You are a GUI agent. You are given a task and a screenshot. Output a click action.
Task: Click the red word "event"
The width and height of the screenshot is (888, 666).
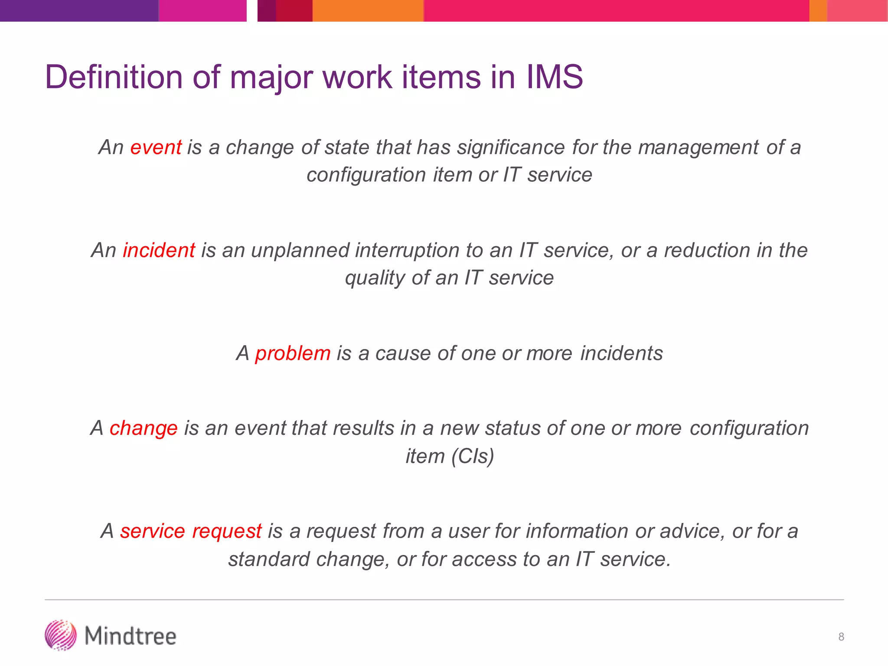click(156, 147)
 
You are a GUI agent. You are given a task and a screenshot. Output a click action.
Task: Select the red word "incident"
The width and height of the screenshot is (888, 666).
click(159, 251)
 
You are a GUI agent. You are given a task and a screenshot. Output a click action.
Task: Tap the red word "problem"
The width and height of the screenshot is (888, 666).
click(293, 353)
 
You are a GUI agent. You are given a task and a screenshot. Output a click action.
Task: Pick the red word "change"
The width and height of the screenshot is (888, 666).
click(144, 428)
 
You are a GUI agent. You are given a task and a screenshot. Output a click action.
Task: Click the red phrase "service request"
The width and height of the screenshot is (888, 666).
click(191, 531)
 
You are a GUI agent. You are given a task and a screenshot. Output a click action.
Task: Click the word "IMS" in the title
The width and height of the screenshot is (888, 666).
click(555, 77)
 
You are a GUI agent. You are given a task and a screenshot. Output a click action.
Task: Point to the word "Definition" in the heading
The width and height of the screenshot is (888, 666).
click(114, 77)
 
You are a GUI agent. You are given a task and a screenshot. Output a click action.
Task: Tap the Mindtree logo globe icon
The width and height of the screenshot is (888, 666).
click(61, 636)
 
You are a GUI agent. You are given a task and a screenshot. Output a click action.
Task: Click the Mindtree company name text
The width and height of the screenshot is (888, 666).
click(131, 636)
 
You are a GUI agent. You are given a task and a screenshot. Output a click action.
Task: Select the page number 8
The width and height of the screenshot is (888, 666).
click(841, 637)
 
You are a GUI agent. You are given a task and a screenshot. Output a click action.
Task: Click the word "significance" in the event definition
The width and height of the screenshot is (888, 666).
click(511, 147)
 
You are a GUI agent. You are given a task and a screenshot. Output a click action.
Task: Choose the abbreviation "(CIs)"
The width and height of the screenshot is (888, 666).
click(473, 456)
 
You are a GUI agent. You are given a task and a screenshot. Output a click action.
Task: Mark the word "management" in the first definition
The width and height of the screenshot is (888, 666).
click(699, 147)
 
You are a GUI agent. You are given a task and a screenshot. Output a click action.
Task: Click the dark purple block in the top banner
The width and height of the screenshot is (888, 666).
click(79, 10)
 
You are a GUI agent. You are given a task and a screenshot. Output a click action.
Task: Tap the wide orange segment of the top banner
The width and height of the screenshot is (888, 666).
click(368, 10)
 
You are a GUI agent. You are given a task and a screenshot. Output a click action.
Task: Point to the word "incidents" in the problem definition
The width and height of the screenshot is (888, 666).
click(622, 353)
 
